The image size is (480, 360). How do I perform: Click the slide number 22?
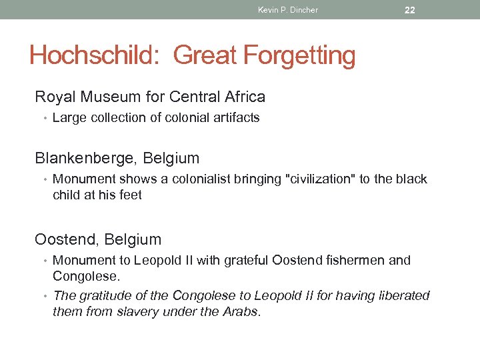pyautogui.click(x=409, y=10)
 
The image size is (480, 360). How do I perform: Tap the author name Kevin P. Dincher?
pyautogui.click(x=288, y=10)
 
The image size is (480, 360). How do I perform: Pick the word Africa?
pyautogui.click(x=247, y=97)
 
